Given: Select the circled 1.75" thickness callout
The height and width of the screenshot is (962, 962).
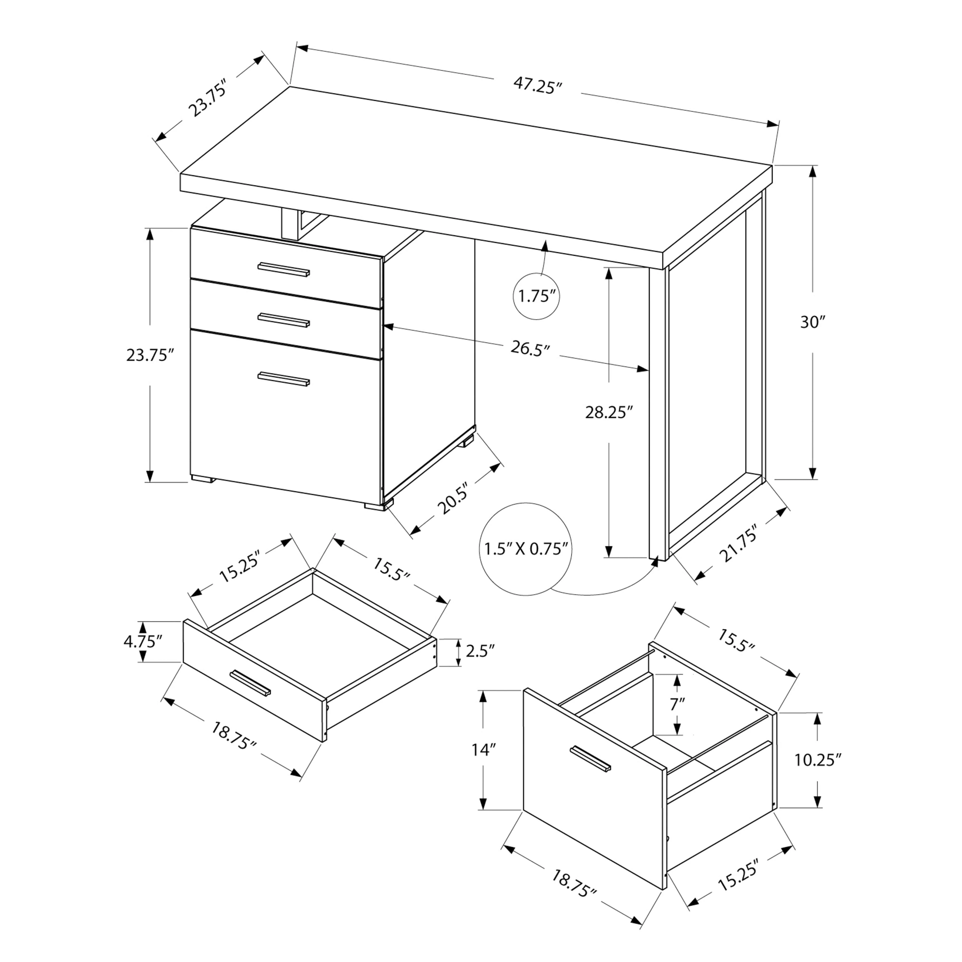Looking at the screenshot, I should pyautogui.click(x=536, y=297).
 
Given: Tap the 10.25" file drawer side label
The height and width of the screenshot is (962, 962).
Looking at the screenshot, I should pyautogui.click(x=817, y=759).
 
